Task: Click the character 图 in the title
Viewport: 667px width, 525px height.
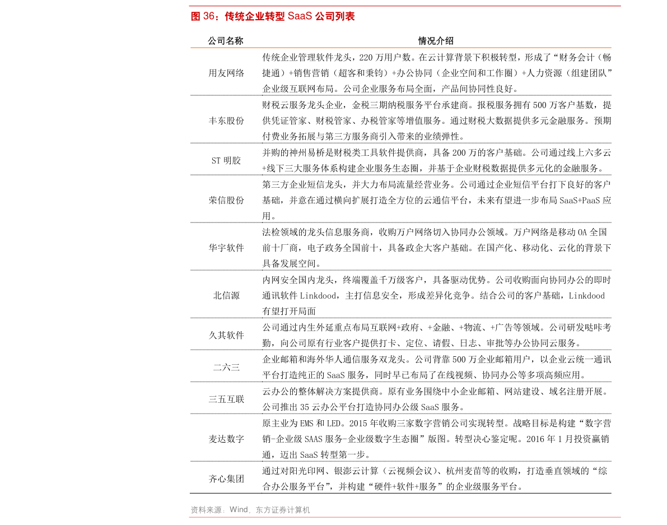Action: coord(195,17)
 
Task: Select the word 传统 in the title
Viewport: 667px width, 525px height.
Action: coord(235,17)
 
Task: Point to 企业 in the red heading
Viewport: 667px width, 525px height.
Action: coord(255,17)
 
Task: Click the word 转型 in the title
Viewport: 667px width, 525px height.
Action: coord(275,17)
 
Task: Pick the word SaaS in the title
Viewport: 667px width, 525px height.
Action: coord(299,17)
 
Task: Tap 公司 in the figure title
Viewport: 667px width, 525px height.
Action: coord(324,17)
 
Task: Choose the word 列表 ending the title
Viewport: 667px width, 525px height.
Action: coord(345,17)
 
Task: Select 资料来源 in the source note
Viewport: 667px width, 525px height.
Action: coord(207,510)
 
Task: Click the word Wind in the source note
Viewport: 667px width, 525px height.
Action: coord(238,510)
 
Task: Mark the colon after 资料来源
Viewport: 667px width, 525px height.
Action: coord(226,510)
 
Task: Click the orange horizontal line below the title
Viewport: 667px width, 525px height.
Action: coord(400,48)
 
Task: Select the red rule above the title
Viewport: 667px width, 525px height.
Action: coord(404,6)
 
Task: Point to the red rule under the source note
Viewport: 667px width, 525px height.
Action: coord(404,517)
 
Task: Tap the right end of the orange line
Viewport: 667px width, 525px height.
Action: coord(609,48)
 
